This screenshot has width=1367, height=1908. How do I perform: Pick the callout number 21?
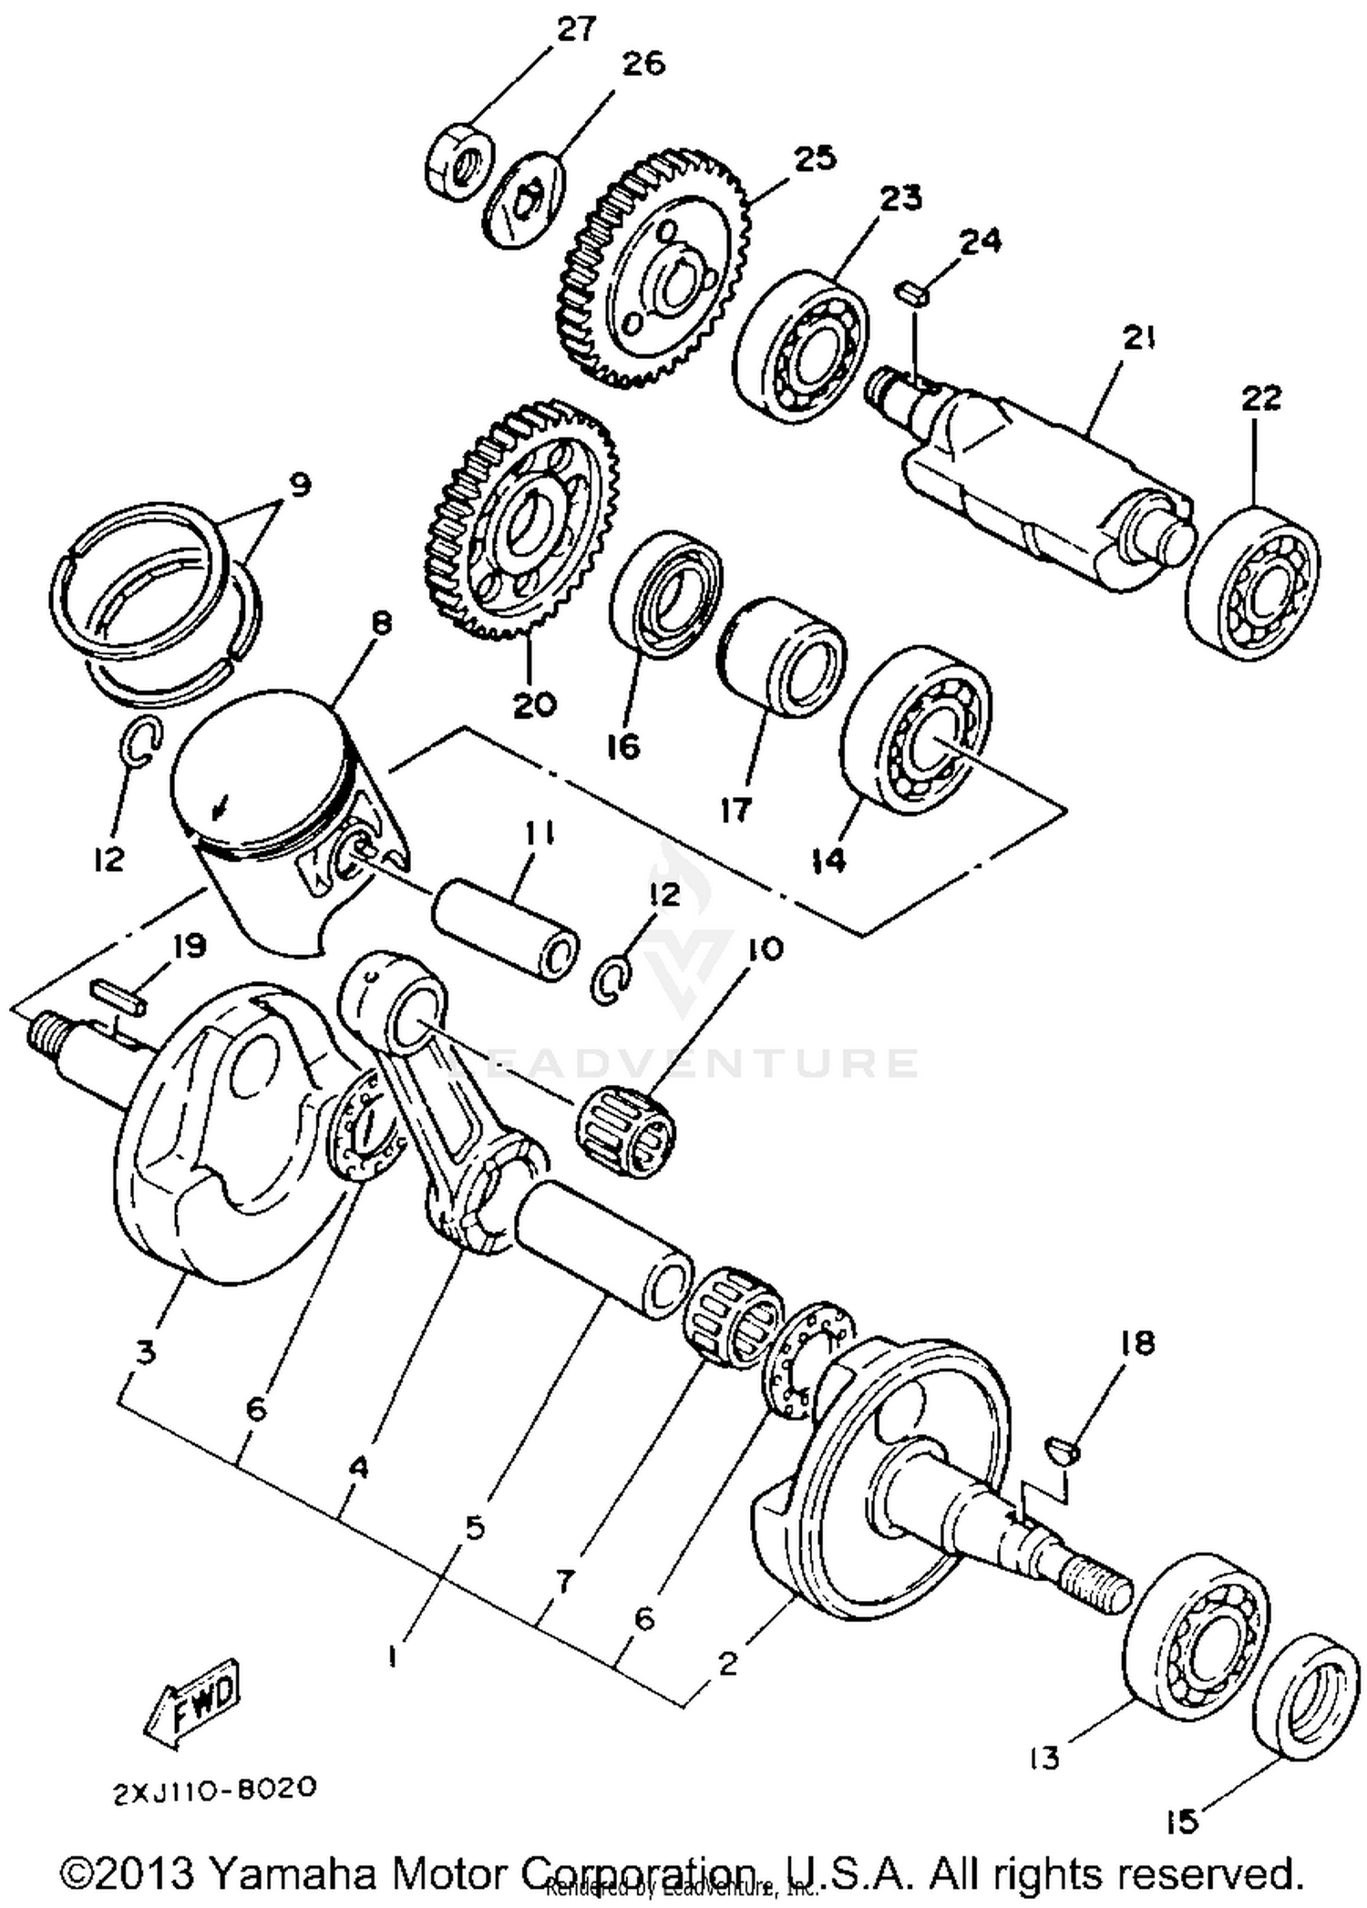point(1138,339)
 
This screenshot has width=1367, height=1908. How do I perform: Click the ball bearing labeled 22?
point(1253,584)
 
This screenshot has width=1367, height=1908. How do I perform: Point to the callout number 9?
point(300,484)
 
